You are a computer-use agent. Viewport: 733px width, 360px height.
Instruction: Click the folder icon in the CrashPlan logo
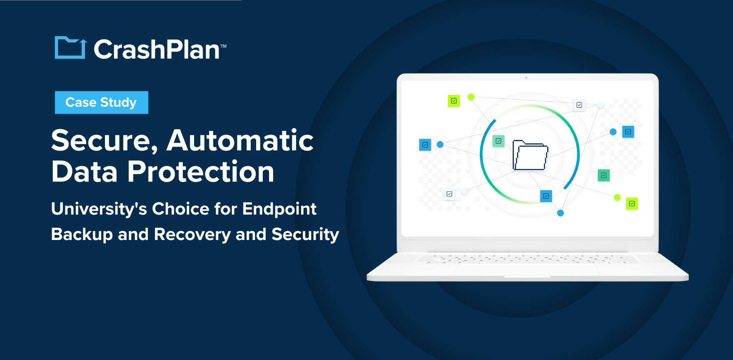70,48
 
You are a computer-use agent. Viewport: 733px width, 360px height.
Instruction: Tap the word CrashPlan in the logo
157,50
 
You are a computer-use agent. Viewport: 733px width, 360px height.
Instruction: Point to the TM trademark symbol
224,46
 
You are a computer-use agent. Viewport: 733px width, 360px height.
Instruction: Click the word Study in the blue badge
118,102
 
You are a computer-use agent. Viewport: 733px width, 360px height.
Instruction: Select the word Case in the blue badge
81,102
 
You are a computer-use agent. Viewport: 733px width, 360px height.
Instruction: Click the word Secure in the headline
104,141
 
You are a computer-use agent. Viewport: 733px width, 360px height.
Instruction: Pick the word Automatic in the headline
240,140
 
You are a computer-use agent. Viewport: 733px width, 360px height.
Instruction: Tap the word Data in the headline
85,172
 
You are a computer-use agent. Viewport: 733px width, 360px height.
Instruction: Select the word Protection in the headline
201,172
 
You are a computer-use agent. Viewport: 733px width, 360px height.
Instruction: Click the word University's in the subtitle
99,209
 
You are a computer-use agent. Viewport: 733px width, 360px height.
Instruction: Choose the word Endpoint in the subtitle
279,209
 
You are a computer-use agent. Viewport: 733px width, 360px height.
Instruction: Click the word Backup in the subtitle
82,235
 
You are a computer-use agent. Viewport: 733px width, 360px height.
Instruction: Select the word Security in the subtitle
305,235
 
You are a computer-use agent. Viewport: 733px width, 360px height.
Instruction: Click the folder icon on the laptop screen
530,156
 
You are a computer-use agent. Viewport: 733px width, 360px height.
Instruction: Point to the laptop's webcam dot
526,78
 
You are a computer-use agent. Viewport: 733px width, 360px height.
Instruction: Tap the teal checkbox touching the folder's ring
499,141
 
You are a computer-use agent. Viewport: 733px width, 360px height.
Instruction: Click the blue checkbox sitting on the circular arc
546,196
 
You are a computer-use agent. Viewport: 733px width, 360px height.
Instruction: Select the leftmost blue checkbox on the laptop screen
425,145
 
